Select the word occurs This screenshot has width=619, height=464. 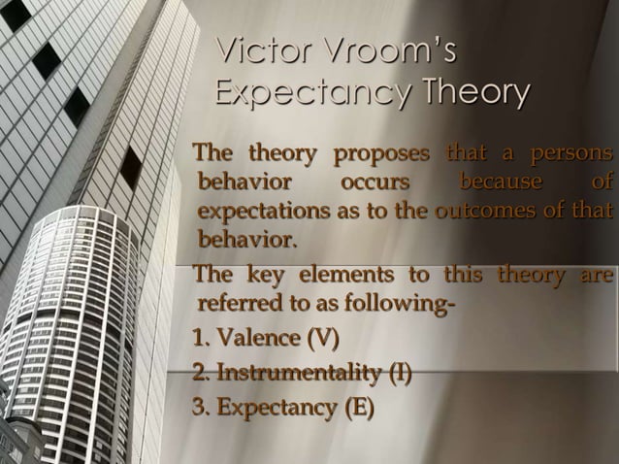click(x=374, y=182)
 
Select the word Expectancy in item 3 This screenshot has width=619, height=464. click(x=272, y=406)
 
